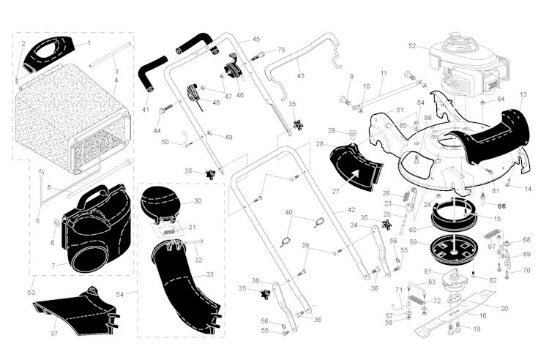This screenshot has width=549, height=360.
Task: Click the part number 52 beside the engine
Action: click(412, 45)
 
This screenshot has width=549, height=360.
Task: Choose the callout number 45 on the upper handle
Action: click(256, 39)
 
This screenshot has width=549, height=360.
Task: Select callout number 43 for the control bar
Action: click(300, 75)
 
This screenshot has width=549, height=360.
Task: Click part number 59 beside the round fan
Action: click(413, 241)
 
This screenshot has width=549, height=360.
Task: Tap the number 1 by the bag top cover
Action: click(89, 42)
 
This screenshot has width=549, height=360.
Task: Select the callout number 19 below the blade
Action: click(477, 329)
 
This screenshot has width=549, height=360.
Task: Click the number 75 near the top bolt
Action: click(281, 50)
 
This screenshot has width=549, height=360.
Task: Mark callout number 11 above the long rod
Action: click(384, 74)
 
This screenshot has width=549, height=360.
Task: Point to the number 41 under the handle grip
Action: click(146, 110)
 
